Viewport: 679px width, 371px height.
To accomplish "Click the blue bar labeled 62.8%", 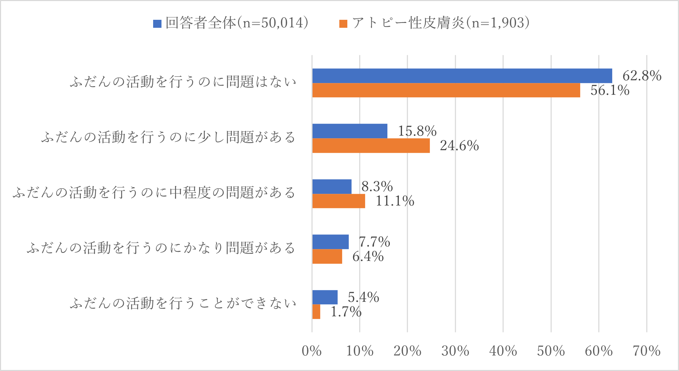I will [462, 76].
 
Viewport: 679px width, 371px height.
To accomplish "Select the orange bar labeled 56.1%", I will [446, 90].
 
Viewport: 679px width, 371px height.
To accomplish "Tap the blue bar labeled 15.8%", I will [349, 131].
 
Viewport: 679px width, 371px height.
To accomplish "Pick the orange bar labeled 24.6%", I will [371, 146].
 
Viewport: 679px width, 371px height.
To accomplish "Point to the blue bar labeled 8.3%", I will [332, 187].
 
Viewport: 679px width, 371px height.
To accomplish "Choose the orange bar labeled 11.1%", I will [338, 201].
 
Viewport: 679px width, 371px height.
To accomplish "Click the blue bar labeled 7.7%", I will [330, 242].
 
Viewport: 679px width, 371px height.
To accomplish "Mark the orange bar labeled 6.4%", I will [327, 256].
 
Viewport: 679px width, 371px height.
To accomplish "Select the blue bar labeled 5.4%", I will [325, 297].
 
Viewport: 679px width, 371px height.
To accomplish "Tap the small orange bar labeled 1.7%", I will [316, 312].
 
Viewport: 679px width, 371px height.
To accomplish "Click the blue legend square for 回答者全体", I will [157, 24].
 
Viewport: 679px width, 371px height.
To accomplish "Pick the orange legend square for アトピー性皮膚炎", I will [343, 24].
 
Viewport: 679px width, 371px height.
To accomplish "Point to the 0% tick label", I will [311, 351].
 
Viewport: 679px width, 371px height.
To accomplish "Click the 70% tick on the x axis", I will [646, 351].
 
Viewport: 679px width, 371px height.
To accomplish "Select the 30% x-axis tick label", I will [455, 351].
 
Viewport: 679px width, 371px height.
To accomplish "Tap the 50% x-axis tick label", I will [551, 351].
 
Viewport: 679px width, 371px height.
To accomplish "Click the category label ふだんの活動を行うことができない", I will [183, 304].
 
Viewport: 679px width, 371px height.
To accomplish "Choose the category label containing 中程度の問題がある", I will [154, 193].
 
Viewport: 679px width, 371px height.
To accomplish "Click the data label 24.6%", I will [459, 146].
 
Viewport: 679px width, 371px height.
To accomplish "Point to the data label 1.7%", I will [346, 312].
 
